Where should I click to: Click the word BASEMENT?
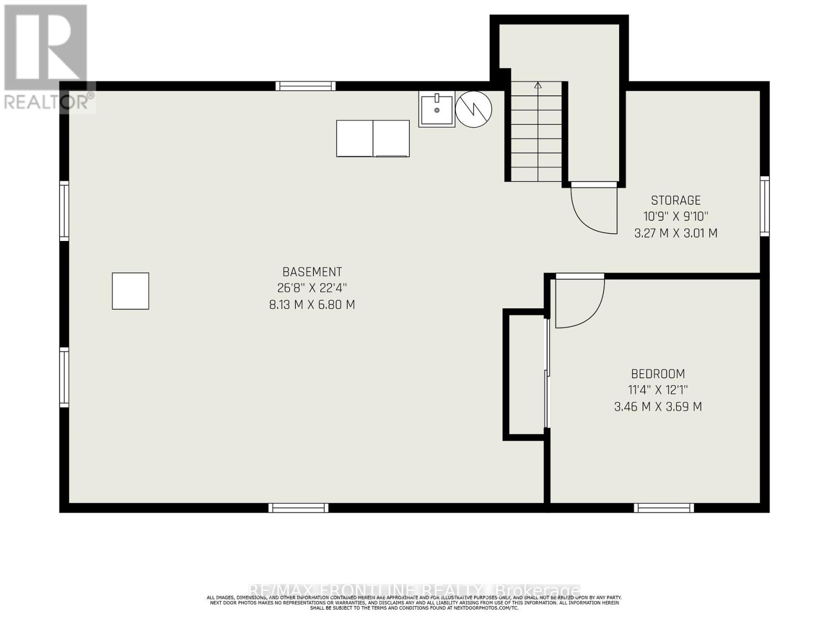coord(312,272)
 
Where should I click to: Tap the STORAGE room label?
coord(676,200)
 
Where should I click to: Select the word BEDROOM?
coord(658,374)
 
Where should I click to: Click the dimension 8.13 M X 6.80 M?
coord(312,305)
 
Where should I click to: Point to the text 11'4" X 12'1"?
coord(658,390)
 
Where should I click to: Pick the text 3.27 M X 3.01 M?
coord(676,233)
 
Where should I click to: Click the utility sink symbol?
coord(437,110)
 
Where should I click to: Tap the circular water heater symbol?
coord(474,109)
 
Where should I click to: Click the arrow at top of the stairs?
coord(538,86)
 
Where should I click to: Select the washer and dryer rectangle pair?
coord(373,138)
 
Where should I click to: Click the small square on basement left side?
coord(131,291)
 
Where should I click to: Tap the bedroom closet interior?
coord(525,374)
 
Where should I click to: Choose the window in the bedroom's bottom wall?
coord(664,508)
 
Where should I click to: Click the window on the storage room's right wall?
coord(764,206)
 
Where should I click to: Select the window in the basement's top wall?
coord(305,86)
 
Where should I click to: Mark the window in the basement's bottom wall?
coord(298,508)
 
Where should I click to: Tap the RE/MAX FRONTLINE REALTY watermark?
coord(414,590)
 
